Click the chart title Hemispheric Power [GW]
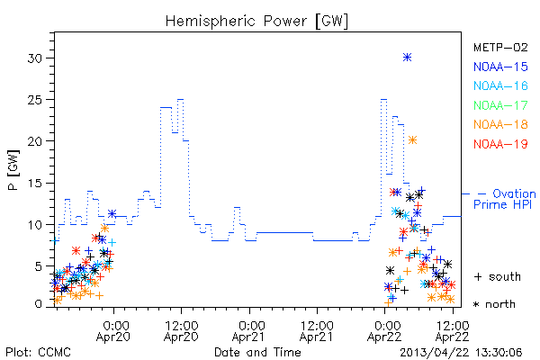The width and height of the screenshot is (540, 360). (x=256, y=22)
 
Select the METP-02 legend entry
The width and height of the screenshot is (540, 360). (x=500, y=47)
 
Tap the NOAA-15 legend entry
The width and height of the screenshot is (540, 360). (x=500, y=67)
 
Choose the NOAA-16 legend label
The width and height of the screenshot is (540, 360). (x=500, y=85)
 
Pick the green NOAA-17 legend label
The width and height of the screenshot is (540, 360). (x=500, y=105)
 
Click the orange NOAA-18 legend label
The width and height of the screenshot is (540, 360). (x=500, y=124)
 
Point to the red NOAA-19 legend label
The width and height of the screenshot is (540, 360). (x=500, y=144)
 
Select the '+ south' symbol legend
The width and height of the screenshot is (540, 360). (x=498, y=276)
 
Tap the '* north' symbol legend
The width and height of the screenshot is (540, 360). (x=494, y=304)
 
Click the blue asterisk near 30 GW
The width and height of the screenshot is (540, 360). (x=407, y=58)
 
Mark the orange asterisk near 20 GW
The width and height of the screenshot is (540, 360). (x=412, y=139)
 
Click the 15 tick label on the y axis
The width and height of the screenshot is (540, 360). (x=34, y=184)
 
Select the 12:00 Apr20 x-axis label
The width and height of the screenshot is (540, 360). (x=181, y=331)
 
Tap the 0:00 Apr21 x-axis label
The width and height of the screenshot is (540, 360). (x=248, y=331)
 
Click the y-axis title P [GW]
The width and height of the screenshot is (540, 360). (x=14, y=170)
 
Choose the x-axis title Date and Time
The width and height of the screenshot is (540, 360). (x=257, y=353)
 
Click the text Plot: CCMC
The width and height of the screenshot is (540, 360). (x=38, y=353)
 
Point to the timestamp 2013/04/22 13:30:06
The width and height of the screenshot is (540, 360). (x=461, y=353)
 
